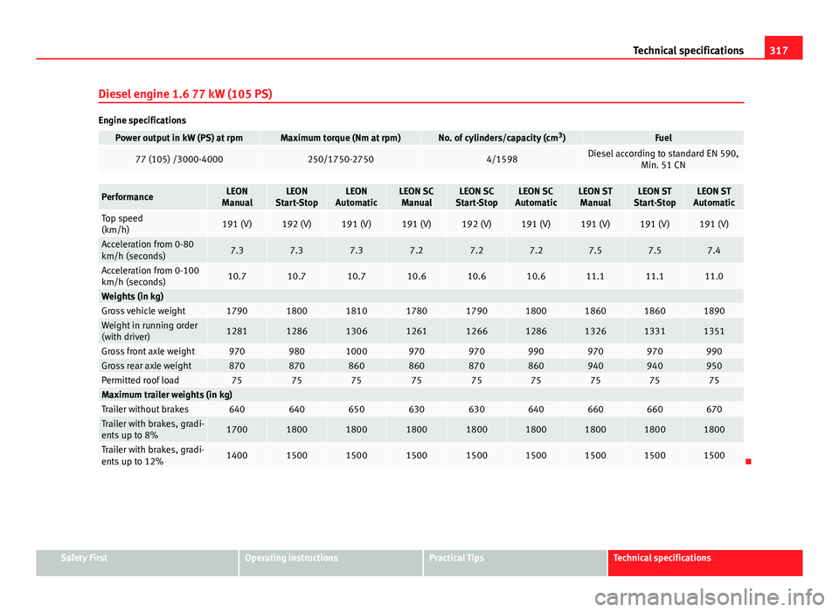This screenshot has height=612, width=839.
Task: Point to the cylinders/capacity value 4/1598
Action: click(x=501, y=159)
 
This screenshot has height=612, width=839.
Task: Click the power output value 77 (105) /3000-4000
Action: click(x=179, y=159)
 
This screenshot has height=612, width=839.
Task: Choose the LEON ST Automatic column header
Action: click(x=713, y=196)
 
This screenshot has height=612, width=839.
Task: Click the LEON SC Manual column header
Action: click(x=416, y=196)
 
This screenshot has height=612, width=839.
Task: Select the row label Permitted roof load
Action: click(x=141, y=381)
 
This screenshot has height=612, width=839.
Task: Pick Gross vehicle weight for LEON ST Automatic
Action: click(x=713, y=311)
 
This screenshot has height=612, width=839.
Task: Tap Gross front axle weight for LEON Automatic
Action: click(x=356, y=351)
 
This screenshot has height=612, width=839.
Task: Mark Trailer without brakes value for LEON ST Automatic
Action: click(x=713, y=409)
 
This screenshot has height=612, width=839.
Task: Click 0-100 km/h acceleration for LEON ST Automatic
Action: click(x=713, y=276)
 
